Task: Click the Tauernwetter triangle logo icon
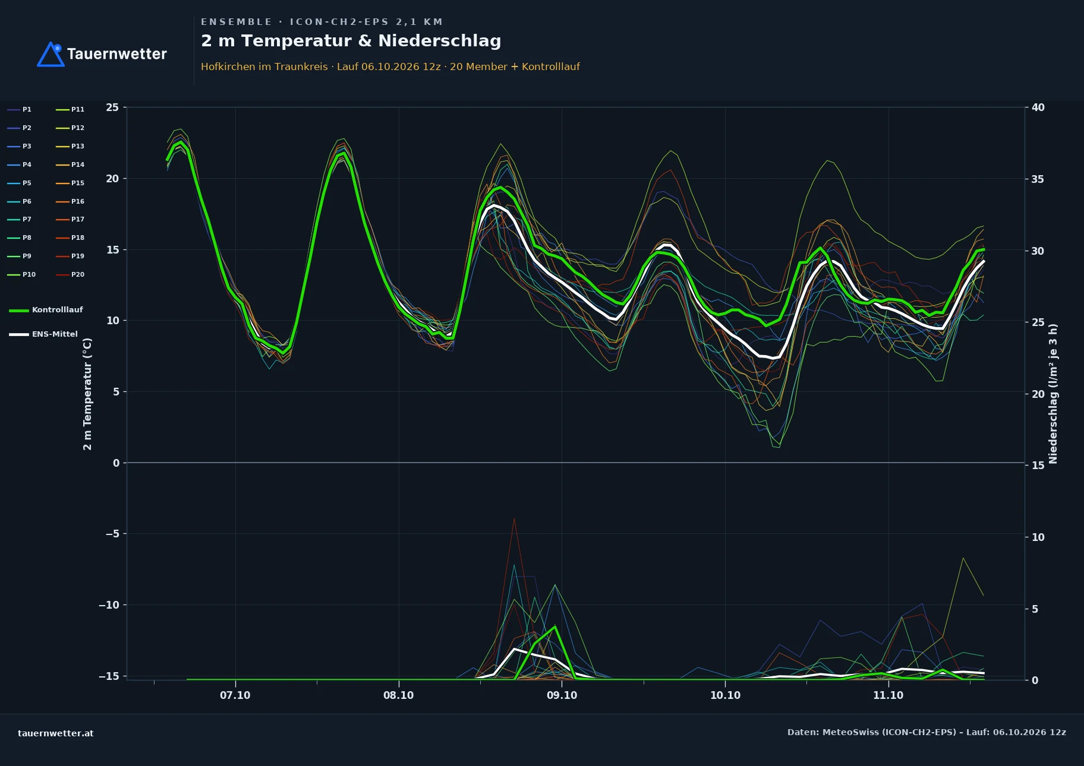51,54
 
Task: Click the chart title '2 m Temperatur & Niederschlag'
351,41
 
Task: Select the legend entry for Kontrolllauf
46,310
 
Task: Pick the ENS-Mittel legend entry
43,334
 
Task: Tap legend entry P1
20,109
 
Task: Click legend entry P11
70,109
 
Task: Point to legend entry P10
21,274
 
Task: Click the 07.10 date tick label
235,695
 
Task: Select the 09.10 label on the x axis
562,695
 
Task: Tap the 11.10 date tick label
888,695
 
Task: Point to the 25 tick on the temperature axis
112,107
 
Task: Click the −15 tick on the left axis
109,676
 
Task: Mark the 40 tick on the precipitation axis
1038,107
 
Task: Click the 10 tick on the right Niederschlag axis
1038,537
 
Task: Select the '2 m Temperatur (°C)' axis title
87,394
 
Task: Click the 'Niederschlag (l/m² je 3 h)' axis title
1053,394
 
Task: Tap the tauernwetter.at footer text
56,733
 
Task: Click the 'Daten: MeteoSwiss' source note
927,732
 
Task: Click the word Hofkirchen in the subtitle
228,67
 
